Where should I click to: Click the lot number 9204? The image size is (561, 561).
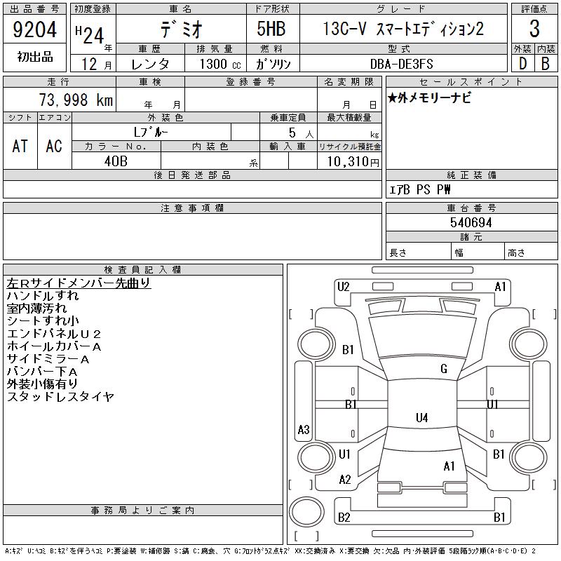click(x=34, y=29)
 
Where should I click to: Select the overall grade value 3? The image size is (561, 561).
click(x=534, y=29)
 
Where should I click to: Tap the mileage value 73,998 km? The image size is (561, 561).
click(x=76, y=100)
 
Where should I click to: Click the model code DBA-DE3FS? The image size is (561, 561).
click(x=401, y=64)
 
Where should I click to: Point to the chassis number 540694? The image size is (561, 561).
click(x=471, y=222)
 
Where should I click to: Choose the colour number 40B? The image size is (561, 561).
click(x=116, y=161)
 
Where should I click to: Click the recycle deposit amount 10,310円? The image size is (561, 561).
click(x=353, y=161)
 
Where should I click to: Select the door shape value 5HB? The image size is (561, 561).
click(x=271, y=29)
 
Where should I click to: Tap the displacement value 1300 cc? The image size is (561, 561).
click(x=220, y=64)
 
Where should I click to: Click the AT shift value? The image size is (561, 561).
click(x=20, y=146)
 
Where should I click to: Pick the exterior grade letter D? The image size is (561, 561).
click(x=522, y=64)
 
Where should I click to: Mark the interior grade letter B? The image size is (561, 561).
click(x=546, y=64)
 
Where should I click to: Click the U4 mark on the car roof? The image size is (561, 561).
click(x=422, y=417)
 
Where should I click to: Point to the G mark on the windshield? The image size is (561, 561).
click(x=444, y=369)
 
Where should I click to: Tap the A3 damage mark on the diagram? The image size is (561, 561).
click(x=304, y=429)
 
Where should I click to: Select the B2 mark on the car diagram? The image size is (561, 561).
click(x=344, y=518)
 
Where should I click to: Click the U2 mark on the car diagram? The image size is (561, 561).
click(x=343, y=287)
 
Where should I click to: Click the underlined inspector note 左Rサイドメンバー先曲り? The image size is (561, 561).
click(x=79, y=283)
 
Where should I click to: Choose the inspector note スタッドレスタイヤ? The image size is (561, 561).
click(x=60, y=396)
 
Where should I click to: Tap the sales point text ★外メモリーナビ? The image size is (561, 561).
click(x=429, y=97)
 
